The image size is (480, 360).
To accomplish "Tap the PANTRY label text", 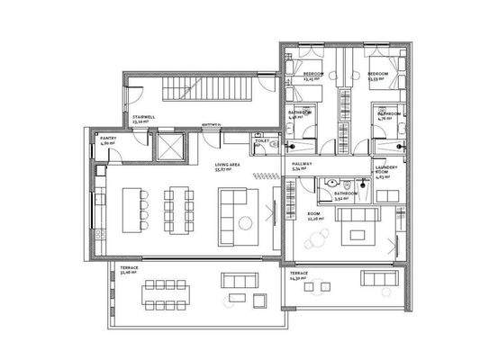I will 106,139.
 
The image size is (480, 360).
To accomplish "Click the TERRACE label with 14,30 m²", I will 298,274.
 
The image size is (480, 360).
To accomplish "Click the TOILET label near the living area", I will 260,142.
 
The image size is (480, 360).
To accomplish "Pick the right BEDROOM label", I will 376,75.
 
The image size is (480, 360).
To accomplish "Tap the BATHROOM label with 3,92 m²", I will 346,194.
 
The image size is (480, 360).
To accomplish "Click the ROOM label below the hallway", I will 315,216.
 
